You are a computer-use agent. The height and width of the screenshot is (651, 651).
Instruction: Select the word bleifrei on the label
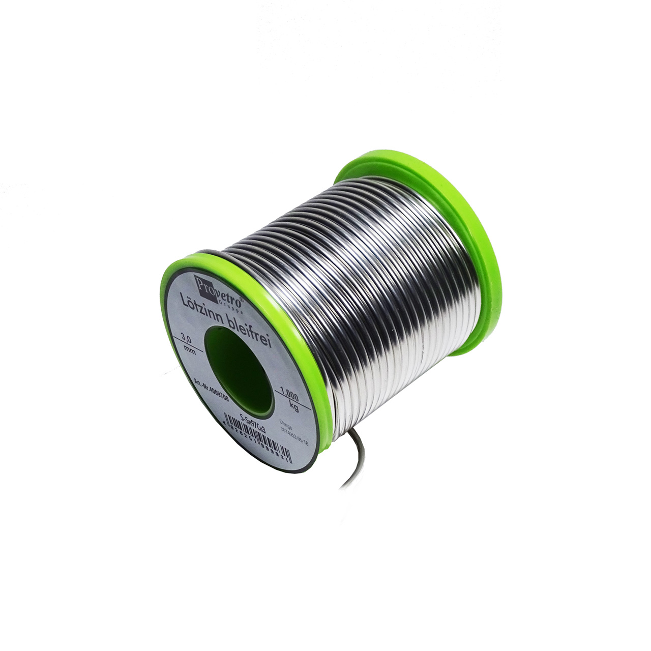252,332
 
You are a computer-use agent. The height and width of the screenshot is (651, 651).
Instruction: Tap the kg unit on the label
293,407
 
